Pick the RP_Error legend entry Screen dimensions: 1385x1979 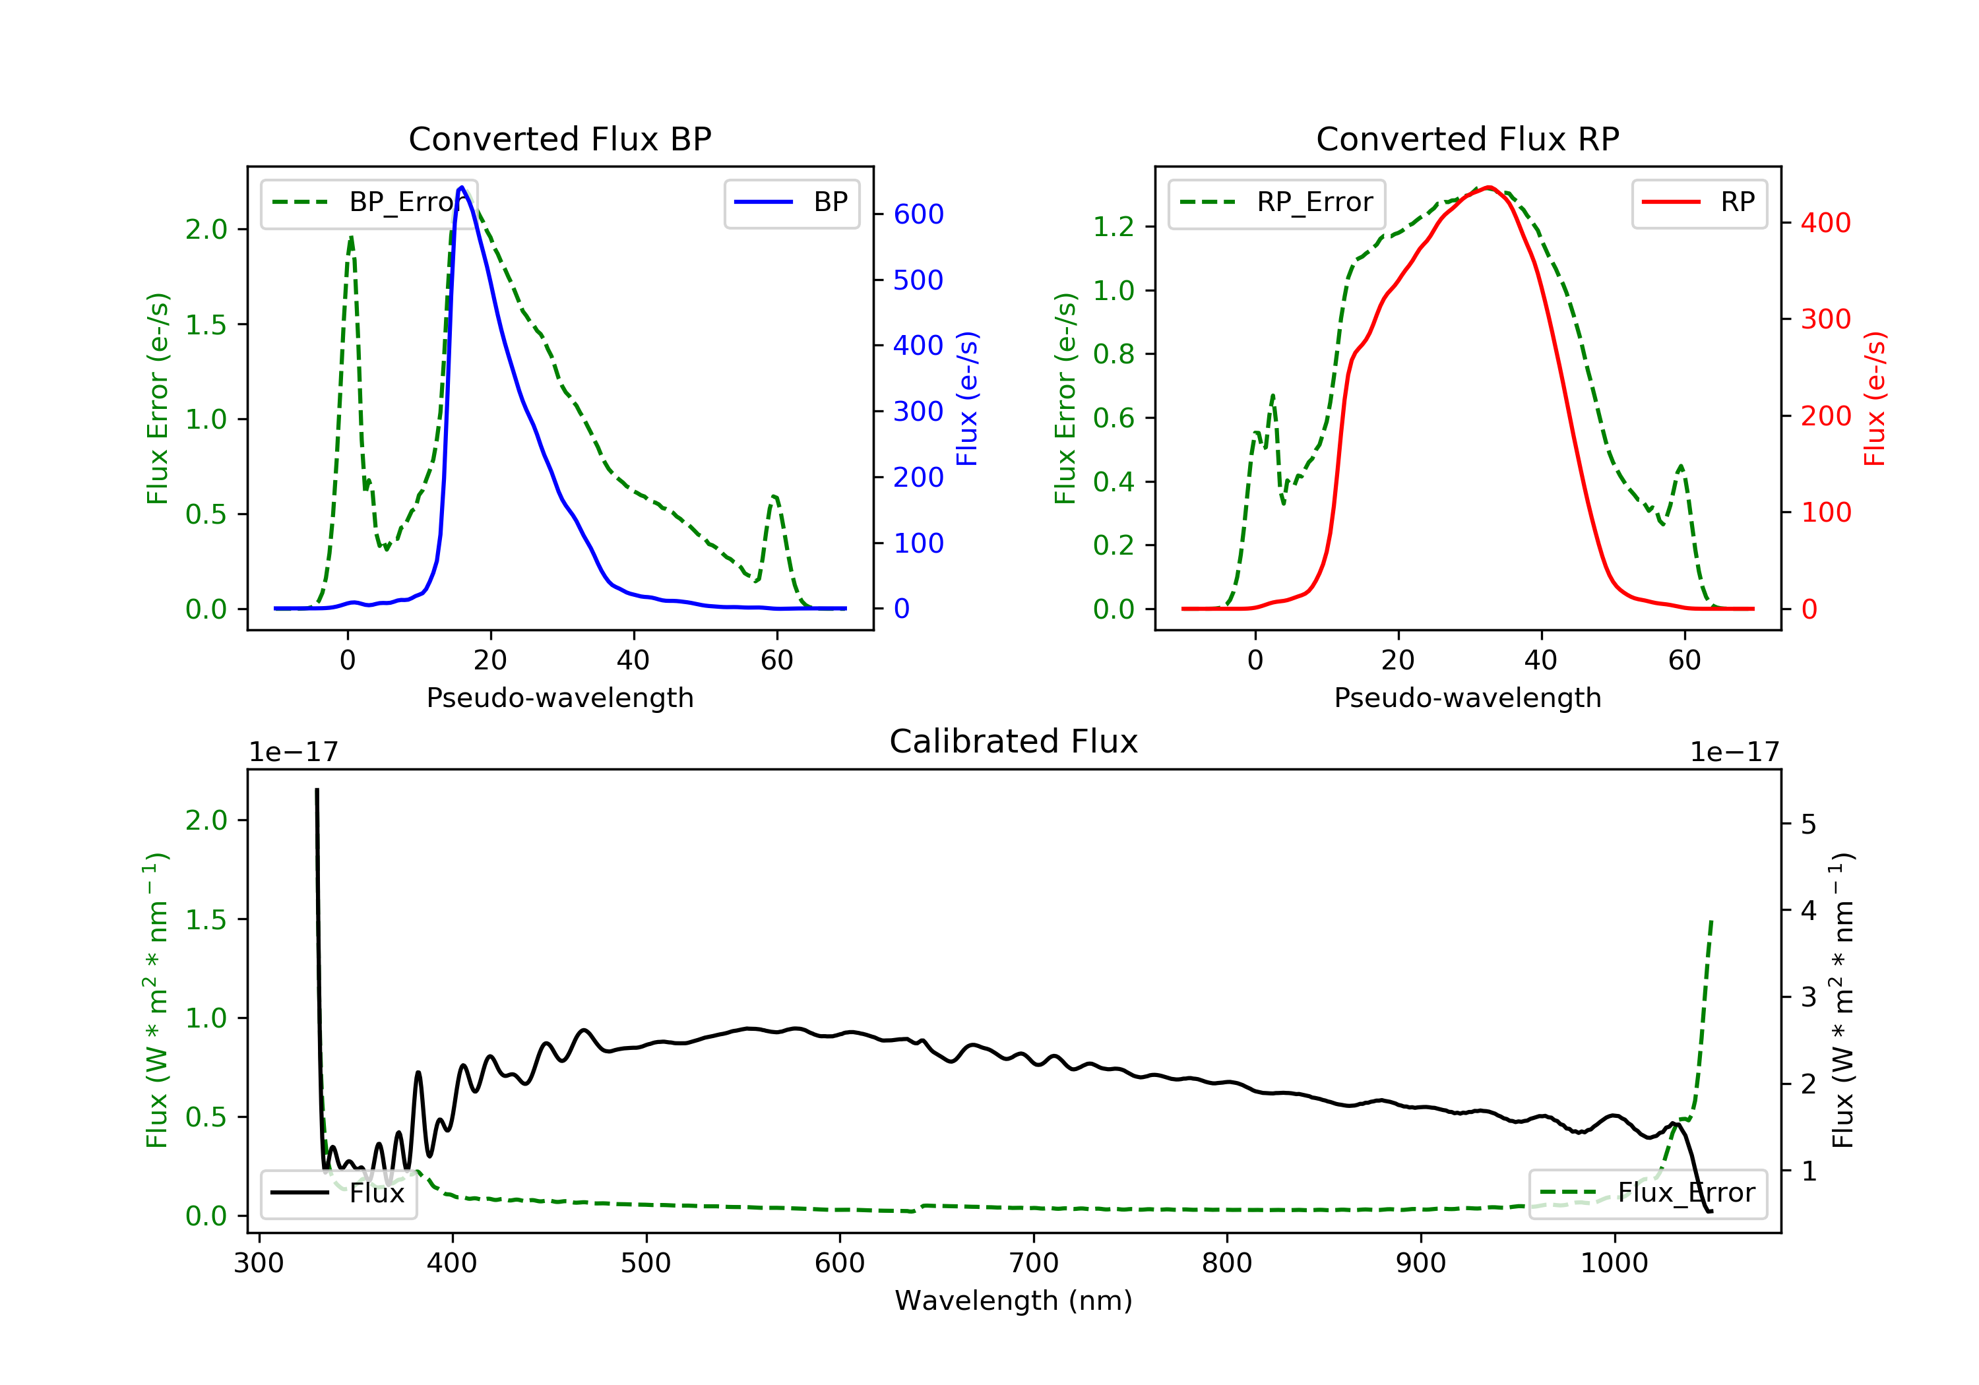[1276, 202]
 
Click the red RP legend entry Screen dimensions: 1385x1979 [1699, 202]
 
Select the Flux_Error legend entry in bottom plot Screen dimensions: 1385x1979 [1647, 1193]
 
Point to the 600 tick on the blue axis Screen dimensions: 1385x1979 [918, 214]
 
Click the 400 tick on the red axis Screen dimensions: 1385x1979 [1825, 223]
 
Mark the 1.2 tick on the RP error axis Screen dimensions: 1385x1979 [1114, 227]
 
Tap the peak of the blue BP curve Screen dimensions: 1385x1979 [462, 187]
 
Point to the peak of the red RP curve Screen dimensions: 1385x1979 [1489, 187]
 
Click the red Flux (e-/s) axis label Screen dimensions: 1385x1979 [1875, 399]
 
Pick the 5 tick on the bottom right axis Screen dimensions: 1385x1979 [1808, 825]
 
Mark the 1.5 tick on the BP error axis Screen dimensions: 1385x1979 [206, 325]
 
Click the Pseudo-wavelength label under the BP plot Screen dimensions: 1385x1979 [559, 698]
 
